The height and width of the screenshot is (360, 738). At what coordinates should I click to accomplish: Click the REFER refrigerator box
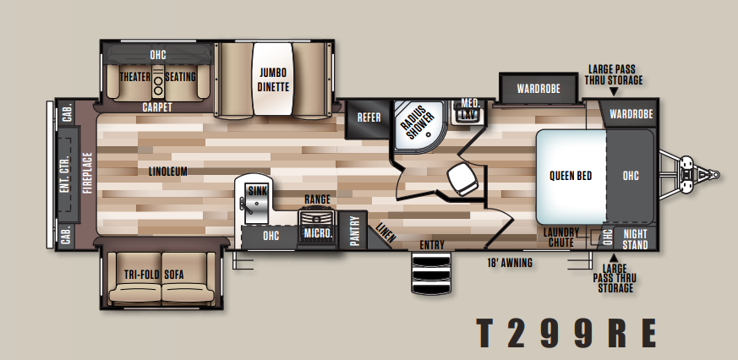click(369, 119)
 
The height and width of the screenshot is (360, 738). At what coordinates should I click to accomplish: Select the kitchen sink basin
click(256, 202)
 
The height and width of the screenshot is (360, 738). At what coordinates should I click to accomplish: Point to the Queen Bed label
click(571, 176)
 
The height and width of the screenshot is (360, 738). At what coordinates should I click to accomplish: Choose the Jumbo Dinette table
click(272, 79)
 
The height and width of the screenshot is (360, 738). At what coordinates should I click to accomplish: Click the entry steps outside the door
click(431, 273)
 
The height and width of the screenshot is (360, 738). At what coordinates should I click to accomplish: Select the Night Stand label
click(636, 239)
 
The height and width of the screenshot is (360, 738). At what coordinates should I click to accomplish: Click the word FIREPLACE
click(88, 172)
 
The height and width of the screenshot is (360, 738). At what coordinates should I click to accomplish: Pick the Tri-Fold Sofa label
click(154, 275)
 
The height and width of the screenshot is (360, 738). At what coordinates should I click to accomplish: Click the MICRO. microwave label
click(318, 233)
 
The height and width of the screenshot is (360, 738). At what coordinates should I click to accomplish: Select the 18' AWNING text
click(510, 263)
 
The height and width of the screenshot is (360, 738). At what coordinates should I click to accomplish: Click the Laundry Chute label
click(561, 237)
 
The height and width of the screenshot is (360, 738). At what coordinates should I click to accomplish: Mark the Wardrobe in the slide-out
click(538, 89)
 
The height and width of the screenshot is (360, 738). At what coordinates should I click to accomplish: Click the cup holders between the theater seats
click(158, 85)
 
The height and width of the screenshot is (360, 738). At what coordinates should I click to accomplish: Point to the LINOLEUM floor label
click(168, 172)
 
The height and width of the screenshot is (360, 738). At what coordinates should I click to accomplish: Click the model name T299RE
click(566, 333)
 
